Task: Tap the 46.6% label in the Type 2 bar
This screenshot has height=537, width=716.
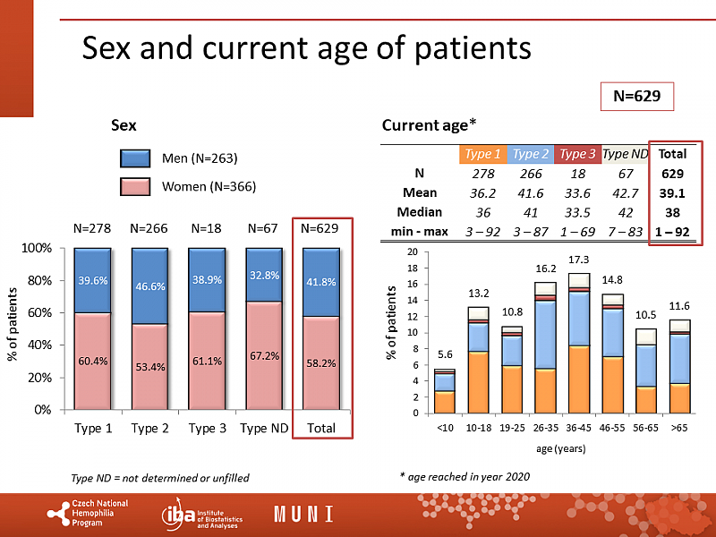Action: (149, 286)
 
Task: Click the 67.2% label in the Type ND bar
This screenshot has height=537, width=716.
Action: (264, 355)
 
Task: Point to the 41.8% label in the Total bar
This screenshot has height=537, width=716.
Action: (320, 282)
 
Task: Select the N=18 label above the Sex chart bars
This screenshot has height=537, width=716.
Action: (206, 228)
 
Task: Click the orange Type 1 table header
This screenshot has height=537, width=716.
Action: (483, 154)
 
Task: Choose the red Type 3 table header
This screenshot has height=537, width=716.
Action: (578, 154)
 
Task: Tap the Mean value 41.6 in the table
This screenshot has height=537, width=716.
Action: (531, 192)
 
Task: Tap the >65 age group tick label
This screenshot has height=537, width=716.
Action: (678, 428)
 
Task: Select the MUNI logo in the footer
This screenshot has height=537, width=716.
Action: (303, 514)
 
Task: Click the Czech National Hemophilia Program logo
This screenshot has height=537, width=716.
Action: (89, 514)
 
